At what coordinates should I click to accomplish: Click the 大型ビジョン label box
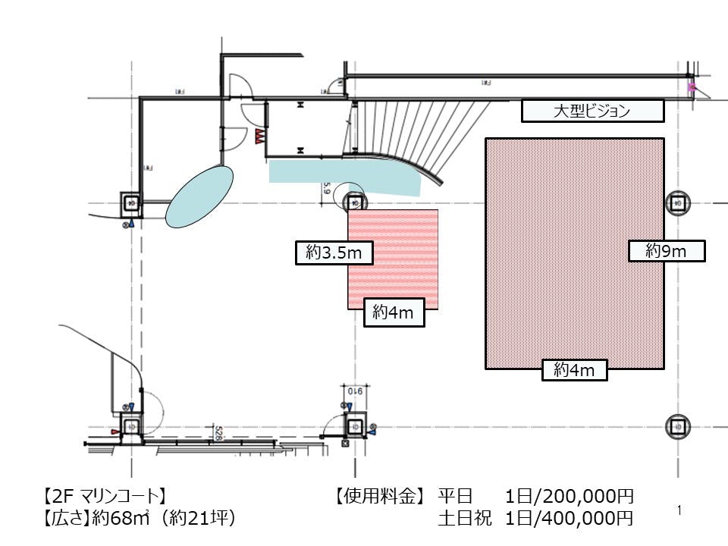pyautogui.click(x=592, y=111)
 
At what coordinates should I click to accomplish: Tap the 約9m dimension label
pyautogui.click(x=667, y=251)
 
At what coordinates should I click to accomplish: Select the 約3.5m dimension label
pyautogui.click(x=334, y=253)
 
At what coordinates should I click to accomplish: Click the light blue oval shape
pyautogui.click(x=199, y=196)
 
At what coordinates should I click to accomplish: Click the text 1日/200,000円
pyautogui.click(x=569, y=497)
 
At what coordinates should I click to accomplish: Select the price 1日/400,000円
pyautogui.click(x=569, y=519)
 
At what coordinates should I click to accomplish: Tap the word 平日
pyautogui.click(x=455, y=497)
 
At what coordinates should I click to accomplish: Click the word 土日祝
pyautogui.click(x=465, y=519)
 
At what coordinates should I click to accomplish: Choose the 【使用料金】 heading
pyautogui.click(x=377, y=497)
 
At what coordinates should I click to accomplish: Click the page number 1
pyautogui.click(x=679, y=511)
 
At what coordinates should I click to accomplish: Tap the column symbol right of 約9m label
pyautogui.click(x=677, y=203)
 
